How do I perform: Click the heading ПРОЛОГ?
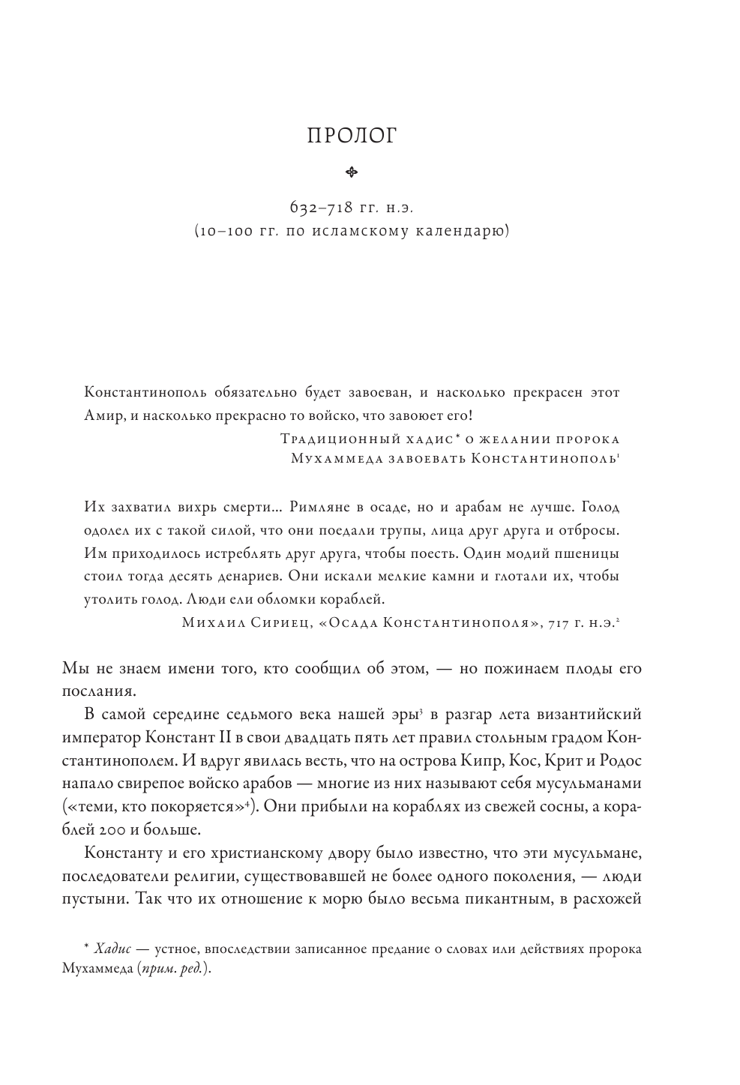pos(352,136)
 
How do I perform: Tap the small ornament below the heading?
pos(352,173)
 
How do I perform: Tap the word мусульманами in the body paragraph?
pos(589,784)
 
